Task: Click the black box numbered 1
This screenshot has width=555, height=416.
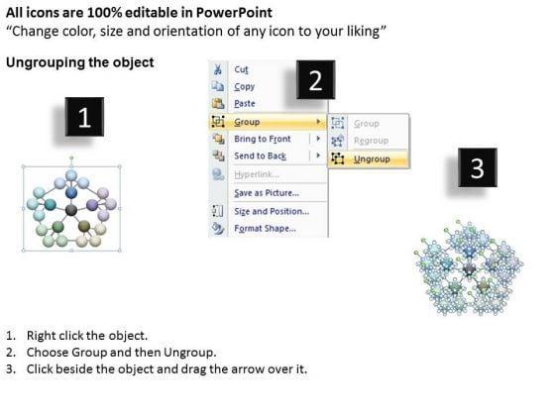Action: click(84, 117)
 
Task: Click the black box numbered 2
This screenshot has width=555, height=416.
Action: click(315, 79)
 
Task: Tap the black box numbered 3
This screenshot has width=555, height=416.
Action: click(477, 167)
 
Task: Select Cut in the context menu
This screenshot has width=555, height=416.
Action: click(241, 69)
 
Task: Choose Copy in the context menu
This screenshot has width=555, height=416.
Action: click(244, 87)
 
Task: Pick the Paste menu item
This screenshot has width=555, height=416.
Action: click(245, 104)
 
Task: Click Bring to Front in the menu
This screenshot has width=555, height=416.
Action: click(263, 139)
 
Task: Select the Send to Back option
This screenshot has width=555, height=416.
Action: click(260, 156)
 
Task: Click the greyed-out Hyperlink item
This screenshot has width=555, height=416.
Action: click(257, 174)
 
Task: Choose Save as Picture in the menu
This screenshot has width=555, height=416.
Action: click(267, 193)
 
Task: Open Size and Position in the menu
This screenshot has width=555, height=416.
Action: click(272, 212)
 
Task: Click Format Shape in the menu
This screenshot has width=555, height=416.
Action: click(266, 229)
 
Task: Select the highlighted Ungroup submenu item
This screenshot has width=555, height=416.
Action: click(372, 159)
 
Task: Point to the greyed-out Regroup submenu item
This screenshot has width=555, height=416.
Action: click(371, 141)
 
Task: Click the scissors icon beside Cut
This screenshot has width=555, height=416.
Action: click(218, 69)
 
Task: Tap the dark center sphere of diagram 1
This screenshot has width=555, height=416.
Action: click(71, 210)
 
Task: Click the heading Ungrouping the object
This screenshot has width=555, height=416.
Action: click(80, 62)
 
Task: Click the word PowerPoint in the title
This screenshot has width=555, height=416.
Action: click(234, 13)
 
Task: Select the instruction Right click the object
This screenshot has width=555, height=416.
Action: click(87, 336)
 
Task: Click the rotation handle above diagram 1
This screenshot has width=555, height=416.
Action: click(71, 158)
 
